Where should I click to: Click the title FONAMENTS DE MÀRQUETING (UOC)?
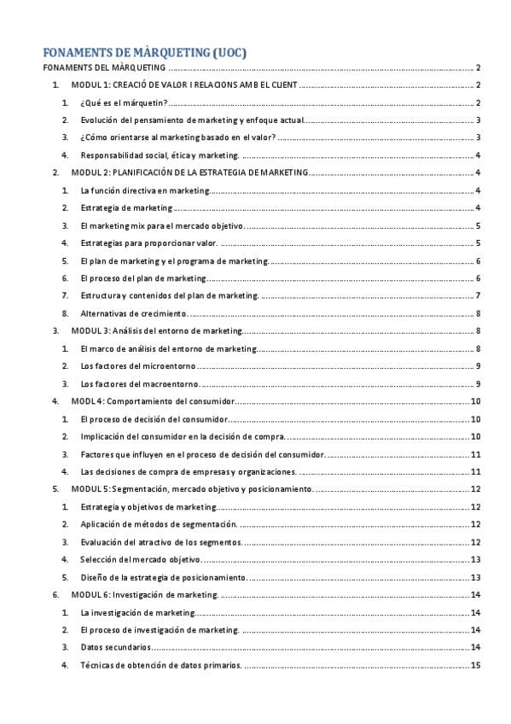(x=146, y=53)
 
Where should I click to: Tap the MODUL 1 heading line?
(x=184, y=85)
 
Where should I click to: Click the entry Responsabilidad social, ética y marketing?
(x=160, y=155)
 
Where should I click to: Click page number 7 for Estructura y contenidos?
(x=479, y=295)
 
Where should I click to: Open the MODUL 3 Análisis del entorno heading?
(x=157, y=330)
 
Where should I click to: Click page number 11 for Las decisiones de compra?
(x=477, y=471)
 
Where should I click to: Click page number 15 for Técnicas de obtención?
(x=477, y=665)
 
